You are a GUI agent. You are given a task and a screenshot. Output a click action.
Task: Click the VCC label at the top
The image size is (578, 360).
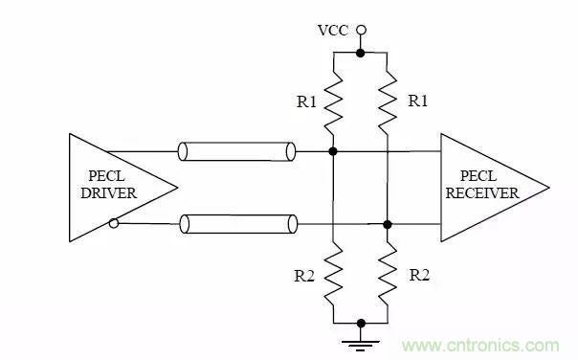331,30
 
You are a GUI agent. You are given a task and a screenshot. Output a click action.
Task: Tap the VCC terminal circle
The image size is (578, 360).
360,30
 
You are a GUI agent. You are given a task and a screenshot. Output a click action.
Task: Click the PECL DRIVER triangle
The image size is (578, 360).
105,187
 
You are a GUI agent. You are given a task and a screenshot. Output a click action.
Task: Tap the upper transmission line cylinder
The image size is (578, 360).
235,151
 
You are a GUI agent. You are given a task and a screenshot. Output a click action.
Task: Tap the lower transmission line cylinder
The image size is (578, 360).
235,224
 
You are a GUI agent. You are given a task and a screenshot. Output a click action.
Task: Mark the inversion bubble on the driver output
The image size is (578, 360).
115,224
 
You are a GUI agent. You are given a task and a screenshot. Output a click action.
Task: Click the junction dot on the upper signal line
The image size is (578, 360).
332,151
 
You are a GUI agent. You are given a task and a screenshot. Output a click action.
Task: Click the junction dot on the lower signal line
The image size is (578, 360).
388,224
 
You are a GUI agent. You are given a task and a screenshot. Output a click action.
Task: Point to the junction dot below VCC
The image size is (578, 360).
360,52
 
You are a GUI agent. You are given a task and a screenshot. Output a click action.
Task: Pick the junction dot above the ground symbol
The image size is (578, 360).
360,323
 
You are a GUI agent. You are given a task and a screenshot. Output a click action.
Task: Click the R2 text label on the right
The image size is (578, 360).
419,275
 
